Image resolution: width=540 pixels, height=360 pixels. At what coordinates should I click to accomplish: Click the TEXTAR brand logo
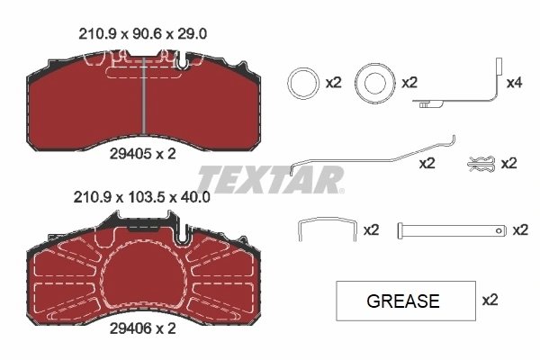pos(270,179)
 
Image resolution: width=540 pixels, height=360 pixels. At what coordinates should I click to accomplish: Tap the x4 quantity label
pos(515,83)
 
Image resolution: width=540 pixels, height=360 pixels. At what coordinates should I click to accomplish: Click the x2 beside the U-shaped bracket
pos(371,230)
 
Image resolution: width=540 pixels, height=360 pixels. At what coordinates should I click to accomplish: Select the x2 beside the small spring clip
pos(509,163)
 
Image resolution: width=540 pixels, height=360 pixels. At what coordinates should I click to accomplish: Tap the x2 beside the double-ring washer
pos(410,83)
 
